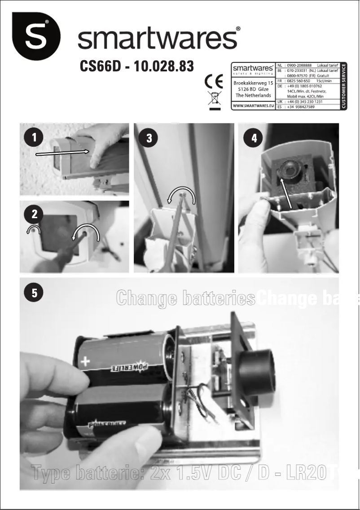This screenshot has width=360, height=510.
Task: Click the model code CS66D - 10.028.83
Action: tap(136, 66)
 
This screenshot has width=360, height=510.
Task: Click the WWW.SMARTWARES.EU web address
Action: tap(253, 106)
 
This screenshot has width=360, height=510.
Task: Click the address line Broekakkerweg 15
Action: tap(253, 84)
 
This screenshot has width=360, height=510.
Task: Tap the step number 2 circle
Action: tap(34, 215)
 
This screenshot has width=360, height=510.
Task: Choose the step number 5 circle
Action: tap(34, 293)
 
